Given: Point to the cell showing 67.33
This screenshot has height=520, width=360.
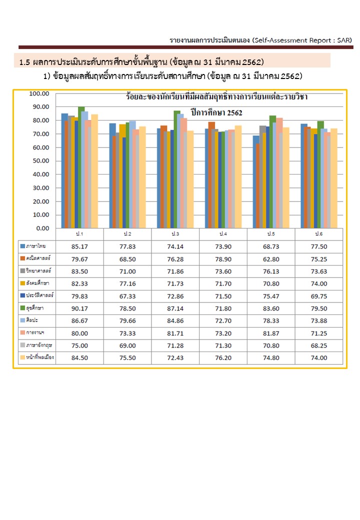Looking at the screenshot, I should [127, 296].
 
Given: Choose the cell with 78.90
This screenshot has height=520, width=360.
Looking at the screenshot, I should [223, 258].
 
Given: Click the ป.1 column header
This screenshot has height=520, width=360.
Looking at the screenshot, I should [79, 234].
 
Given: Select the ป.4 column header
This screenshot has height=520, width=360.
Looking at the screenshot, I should [223, 234].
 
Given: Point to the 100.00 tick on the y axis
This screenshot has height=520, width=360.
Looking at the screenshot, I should [39, 93].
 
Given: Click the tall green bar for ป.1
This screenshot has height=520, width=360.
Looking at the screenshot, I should [81, 167].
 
